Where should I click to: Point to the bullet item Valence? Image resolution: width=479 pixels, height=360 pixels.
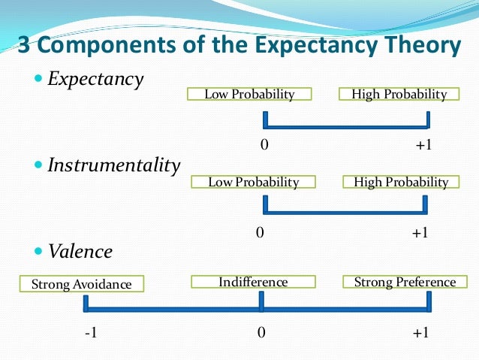tap(80, 251)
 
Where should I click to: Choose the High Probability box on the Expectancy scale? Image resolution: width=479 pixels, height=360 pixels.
tap(393, 94)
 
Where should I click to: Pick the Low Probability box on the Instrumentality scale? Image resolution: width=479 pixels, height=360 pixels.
tap(253, 182)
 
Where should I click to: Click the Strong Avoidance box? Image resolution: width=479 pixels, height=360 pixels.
tap(81, 284)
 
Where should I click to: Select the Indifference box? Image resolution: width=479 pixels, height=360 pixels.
tap(253, 282)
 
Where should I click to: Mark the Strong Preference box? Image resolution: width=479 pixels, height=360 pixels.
tap(405, 282)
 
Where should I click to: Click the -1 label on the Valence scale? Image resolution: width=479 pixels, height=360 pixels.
tap(90, 333)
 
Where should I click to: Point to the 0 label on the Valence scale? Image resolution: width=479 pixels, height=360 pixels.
tap(261, 333)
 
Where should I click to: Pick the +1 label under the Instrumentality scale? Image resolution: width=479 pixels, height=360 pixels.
tap(420, 233)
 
